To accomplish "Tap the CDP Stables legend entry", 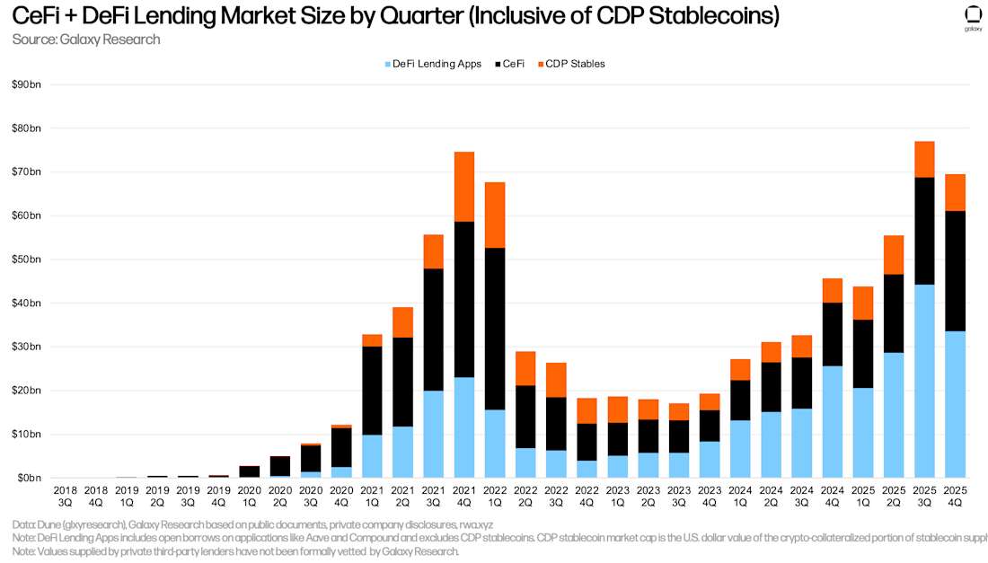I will click(x=569, y=64).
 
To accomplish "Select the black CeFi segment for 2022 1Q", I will click(x=495, y=329).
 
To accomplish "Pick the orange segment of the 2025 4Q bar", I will click(x=955, y=192).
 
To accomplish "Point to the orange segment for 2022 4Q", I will click(x=587, y=410).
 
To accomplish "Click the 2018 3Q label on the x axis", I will click(x=65, y=496).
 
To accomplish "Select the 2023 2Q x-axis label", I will click(x=648, y=496).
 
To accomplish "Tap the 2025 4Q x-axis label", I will click(x=955, y=496).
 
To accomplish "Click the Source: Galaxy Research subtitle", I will click(x=86, y=39).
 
